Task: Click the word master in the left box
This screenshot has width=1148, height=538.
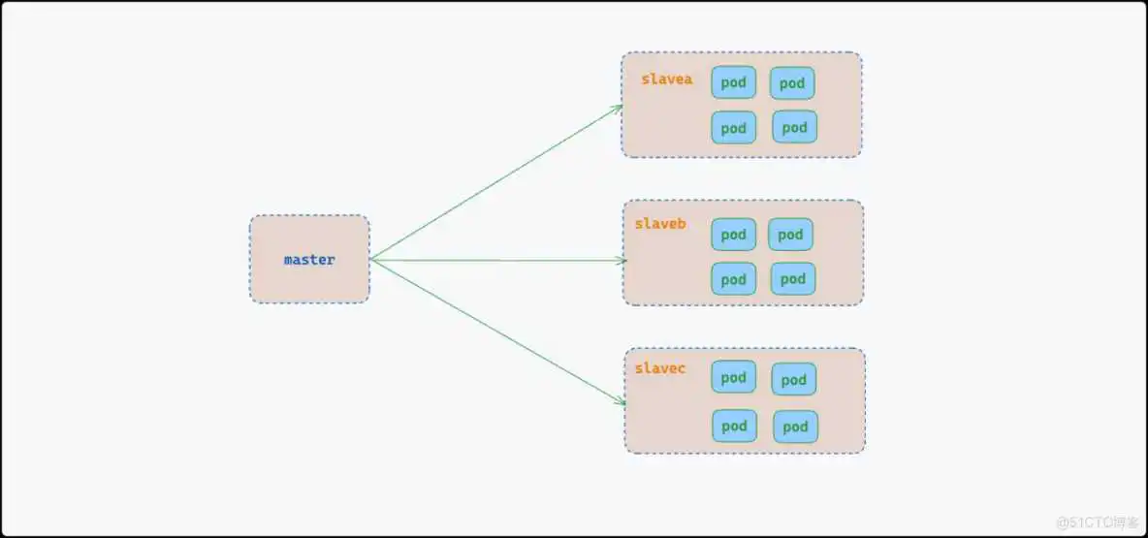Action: (x=309, y=260)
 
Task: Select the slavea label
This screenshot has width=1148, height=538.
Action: (x=666, y=79)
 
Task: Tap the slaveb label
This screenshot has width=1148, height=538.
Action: (x=660, y=224)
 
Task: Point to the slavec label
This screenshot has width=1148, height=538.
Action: (x=660, y=368)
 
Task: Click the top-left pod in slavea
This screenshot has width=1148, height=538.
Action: (x=733, y=82)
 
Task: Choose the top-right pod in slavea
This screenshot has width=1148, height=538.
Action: (x=792, y=83)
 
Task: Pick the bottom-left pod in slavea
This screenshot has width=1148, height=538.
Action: (x=733, y=128)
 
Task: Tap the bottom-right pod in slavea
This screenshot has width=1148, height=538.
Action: (x=794, y=127)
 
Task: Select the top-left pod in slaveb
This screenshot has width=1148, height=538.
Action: (x=733, y=235)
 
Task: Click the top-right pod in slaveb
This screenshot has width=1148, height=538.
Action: (x=790, y=235)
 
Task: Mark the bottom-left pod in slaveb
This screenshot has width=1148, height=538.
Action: (x=733, y=279)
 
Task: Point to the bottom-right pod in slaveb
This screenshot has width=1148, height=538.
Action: (x=793, y=279)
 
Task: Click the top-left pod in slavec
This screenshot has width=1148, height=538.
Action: (x=733, y=377)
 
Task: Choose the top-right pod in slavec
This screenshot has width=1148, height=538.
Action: (x=793, y=380)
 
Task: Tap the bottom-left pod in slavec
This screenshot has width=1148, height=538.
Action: (x=734, y=426)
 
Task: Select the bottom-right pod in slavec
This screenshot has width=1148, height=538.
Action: (x=795, y=427)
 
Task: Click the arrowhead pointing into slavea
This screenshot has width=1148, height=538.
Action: (x=618, y=108)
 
